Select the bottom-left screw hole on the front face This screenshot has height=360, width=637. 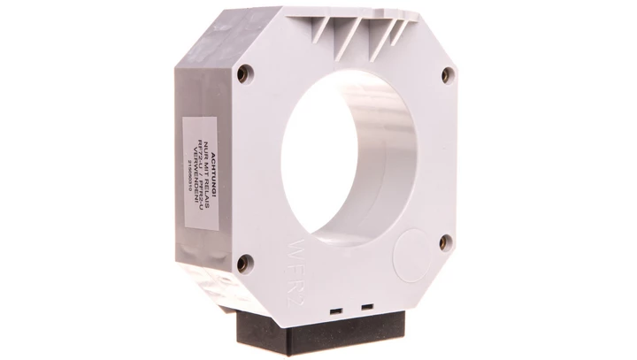[246, 261]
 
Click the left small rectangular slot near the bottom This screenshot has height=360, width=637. [336, 310]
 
